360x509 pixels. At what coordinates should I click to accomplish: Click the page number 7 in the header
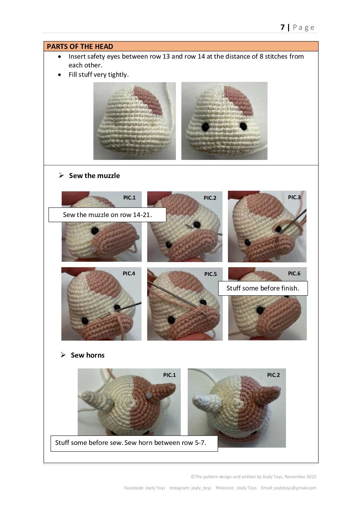(283, 27)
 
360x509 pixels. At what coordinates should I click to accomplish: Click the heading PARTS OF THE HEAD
(80, 47)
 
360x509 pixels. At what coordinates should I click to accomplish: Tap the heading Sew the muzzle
(94, 176)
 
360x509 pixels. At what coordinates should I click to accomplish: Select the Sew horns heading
(87, 355)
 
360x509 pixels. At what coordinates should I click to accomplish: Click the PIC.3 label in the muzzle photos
(294, 197)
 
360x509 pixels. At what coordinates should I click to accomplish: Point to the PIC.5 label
(210, 274)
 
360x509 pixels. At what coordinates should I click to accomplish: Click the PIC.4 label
(129, 273)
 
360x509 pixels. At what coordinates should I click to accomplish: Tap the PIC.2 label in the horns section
(274, 375)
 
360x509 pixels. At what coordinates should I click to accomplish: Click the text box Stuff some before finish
(263, 288)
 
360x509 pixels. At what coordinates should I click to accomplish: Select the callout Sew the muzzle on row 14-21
(107, 215)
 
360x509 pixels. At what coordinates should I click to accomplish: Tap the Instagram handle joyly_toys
(201, 488)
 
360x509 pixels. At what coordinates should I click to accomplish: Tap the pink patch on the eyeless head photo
(148, 100)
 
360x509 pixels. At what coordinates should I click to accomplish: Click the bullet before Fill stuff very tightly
(60, 75)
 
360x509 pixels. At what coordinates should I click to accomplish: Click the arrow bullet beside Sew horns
(63, 355)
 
